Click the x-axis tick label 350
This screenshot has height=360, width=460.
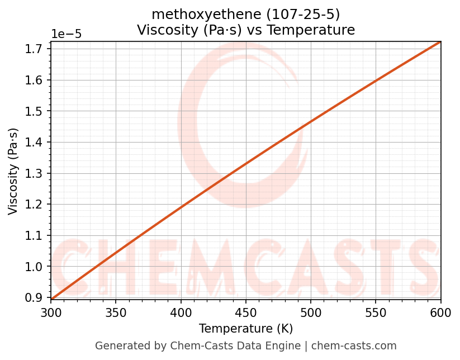tap(116, 312)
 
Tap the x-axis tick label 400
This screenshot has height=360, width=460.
tap(181, 312)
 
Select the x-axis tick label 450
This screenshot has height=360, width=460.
tap(246, 312)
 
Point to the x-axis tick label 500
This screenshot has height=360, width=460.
tap(311, 312)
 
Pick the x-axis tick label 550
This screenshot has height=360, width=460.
tap(376, 312)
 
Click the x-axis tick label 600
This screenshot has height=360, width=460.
tap(440, 312)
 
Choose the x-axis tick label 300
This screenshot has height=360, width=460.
tap(51, 312)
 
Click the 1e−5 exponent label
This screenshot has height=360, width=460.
tap(67, 34)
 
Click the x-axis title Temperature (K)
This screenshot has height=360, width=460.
tap(246, 329)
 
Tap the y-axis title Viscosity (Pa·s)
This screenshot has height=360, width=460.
tap(13, 171)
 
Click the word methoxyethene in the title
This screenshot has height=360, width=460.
tap(191, 14)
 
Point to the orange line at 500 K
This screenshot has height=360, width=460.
tap(311, 122)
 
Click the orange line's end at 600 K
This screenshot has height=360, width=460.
tap(440, 42)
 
